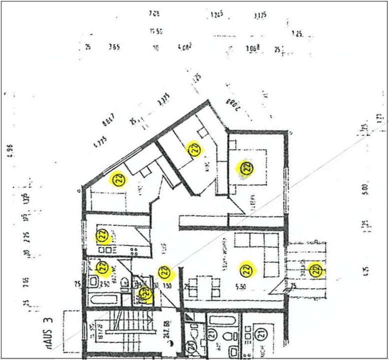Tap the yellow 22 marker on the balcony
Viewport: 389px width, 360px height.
point(315,270)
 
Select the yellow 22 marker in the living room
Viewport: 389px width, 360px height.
point(246,270)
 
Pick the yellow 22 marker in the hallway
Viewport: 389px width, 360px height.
point(165,272)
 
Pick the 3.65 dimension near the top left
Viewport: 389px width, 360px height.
point(114,47)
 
